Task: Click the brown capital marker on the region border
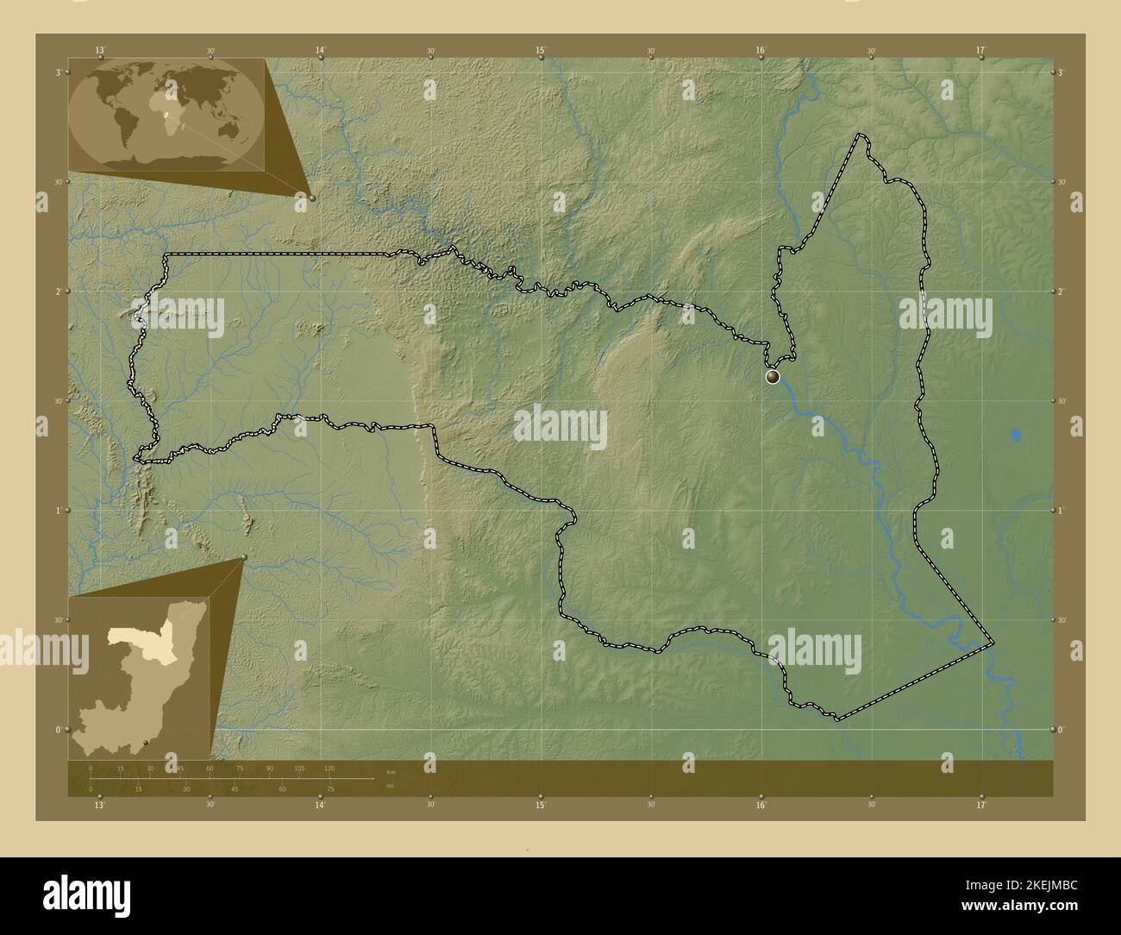pyautogui.click(x=772, y=376)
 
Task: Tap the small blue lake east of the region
pyautogui.click(x=1017, y=436)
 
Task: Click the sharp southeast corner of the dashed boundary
pyautogui.click(x=993, y=643)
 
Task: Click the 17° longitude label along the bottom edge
pyautogui.click(x=980, y=806)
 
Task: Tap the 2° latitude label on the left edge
pyautogui.click(x=58, y=292)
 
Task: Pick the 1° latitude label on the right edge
pyautogui.click(x=1062, y=511)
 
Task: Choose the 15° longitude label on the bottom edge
pyautogui.click(x=541, y=806)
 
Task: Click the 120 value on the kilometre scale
pyautogui.click(x=329, y=769)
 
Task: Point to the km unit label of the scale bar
pyautogui.click(x=391, y=771)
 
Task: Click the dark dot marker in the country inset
pyautogui.click(x=149, y=743)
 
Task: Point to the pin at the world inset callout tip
pyautogui.click(x=312, y=198)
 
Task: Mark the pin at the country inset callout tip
pyautogui.click(x=245, y=557)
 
